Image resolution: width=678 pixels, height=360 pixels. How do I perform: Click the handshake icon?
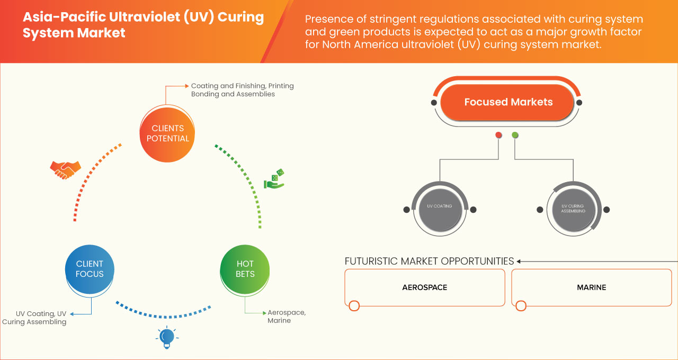[x=65, y=169]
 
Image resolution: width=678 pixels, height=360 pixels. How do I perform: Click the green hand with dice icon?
[x=274, y=179]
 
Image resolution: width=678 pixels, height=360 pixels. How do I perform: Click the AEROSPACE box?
[x=424, y=287]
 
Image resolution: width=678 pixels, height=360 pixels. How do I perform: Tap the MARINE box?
[x=591, y=287]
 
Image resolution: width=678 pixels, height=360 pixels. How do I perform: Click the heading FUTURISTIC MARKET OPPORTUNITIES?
[x=429, y=261]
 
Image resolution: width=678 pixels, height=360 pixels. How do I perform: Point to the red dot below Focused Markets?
[x=498, y=135]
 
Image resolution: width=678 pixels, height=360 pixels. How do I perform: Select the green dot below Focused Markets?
[x=515, y=135]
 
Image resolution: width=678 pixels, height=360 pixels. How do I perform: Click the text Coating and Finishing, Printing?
[x=242, y=86]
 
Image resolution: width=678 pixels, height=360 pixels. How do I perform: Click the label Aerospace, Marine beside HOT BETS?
[x=287, y=317]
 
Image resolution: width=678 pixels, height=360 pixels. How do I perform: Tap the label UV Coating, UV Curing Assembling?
[x=34, y=318]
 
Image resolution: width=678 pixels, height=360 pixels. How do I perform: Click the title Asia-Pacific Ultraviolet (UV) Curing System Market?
[x=143, y=25]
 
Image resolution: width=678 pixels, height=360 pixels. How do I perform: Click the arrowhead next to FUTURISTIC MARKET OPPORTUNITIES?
[x=519, y=261]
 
